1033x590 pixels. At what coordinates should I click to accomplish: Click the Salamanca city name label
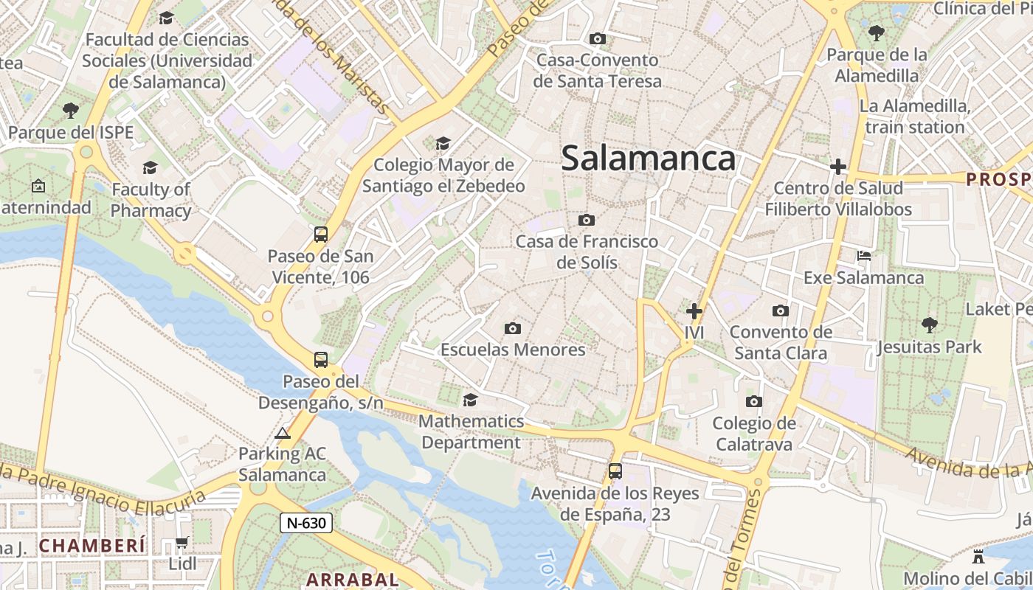pos(649,159)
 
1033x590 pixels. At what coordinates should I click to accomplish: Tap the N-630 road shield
pos(306,523)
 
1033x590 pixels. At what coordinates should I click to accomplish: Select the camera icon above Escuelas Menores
pos(513,328)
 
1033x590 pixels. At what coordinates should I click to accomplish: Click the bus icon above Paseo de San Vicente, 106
pos(321,235)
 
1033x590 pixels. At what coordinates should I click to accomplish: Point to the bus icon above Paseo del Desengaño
pos(321,360)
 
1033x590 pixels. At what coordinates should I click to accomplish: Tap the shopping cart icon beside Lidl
pos(182,543)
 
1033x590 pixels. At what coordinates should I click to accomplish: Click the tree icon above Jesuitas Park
pos(929,324)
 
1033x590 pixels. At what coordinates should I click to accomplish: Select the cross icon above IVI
pos(694,311)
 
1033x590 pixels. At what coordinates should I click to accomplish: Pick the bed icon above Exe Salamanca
pos(864,257)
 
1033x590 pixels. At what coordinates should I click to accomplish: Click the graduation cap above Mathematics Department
pos(470,400)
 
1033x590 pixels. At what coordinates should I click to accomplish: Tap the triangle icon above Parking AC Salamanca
pos(283,433)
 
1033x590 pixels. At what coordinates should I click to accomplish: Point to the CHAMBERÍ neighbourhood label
pos(93,546)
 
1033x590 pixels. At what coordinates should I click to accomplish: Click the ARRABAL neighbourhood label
pos(353,580)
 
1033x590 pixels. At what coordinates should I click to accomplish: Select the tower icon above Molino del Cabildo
pos(978,556)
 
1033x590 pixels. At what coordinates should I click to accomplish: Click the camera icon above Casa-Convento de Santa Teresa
pos(598,38)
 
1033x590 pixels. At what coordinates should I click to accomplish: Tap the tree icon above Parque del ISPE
pos(71,111)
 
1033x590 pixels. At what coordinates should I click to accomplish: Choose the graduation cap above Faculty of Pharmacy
pos(151,168)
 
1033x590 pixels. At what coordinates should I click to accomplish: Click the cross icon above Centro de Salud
pos(837,167)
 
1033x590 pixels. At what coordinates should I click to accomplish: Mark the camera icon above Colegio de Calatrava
pos(753,402)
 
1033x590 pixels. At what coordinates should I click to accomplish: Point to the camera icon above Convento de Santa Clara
pos(781,311)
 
